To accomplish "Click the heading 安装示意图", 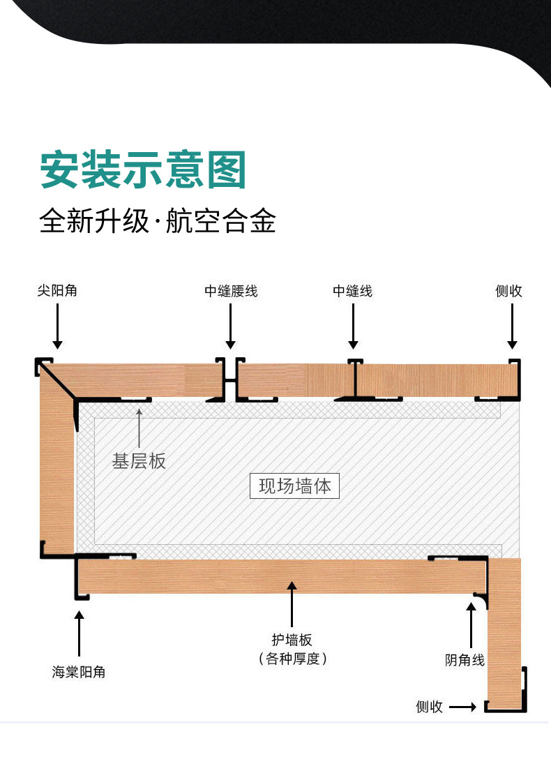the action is tap(144, 170).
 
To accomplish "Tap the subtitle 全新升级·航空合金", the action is tap(158, 221).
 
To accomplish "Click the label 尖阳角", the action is tap(57, 291).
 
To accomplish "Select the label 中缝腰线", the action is tap(231, 291).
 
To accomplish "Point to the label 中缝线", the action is tap(352, 291).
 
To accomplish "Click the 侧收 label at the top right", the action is tap(508, 291).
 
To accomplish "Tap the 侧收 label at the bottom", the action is tap(429, 707).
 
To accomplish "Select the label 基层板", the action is tap(139, 460).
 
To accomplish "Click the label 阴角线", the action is tap(465, 659).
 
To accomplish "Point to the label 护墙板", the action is tap(292, 640).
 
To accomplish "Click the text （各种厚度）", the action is tap(292, 658).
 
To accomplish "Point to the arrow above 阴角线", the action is tap(471, 625).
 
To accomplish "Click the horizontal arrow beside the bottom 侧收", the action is tap(462, 707).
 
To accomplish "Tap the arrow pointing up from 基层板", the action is tap(139, 427).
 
